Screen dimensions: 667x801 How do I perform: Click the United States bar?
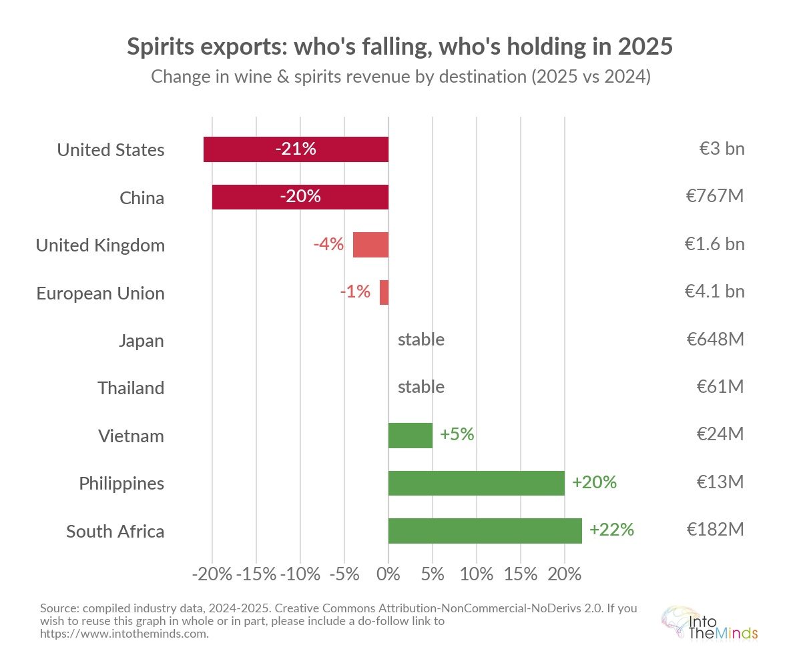click(296, 149)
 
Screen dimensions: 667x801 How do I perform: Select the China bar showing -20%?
click(300, 197)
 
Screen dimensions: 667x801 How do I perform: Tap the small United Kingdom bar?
click(370, 245)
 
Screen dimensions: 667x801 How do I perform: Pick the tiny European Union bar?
click(384, 292)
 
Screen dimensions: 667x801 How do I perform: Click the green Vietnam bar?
click(411, 435)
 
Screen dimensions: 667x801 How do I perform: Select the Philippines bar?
click(477, 483)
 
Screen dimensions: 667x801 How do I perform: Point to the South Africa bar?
click(485, 530)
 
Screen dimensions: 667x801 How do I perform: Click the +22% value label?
click(611, 530)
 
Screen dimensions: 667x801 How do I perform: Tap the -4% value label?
click(328, 245)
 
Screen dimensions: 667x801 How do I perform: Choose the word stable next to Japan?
click(421, 340)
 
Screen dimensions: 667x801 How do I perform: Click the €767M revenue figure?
click(716, 197)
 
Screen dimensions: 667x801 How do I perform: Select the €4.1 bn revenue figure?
click(714, 292)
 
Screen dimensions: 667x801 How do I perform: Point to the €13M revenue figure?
click(720, 482)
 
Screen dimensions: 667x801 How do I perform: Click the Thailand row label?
click(131, 388)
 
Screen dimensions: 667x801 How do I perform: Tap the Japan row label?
click(142, 341)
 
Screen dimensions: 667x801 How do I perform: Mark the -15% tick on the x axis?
click(256, 574)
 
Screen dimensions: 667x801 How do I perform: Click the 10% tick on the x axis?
click(477, 574)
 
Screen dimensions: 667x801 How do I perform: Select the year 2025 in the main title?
click(645, 47)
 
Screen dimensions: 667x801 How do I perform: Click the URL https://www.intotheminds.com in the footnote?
click(124, 634)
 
